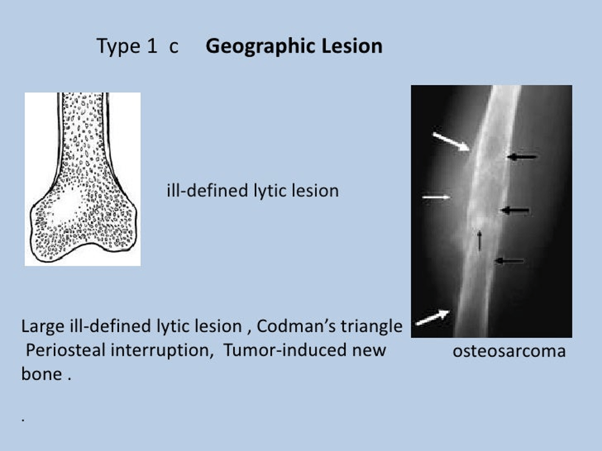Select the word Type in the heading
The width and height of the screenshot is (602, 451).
118,47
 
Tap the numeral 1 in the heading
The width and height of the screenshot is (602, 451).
152,45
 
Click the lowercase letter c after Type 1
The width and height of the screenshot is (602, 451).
174,47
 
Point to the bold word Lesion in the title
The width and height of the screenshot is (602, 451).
352,45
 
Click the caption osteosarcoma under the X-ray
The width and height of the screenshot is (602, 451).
509,351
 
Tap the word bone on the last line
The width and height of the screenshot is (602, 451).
42,374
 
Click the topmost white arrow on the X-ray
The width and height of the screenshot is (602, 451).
451,141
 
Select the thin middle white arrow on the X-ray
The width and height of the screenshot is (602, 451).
436,197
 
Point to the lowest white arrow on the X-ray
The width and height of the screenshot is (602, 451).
433,317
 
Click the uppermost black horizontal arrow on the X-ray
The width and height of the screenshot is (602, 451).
522,157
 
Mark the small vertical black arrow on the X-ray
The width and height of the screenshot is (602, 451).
480,241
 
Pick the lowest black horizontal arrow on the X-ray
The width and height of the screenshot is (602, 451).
509,261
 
